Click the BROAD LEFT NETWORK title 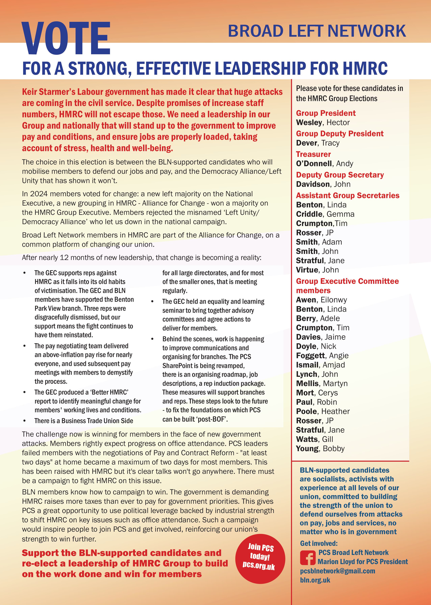(317, 31)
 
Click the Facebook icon (308, 558)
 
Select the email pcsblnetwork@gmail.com (338, 571)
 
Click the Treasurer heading (313, 154)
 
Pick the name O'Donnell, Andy (324, 164)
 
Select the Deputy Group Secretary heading (340, 175)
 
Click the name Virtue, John (317, 270)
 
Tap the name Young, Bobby (320, 449)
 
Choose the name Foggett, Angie (322, 356)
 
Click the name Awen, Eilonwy (321, 300)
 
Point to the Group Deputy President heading (339, 134)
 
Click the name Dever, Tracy (318, 143)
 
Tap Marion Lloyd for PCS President (363, 562)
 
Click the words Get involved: (319, 543)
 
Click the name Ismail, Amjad (320, 365)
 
